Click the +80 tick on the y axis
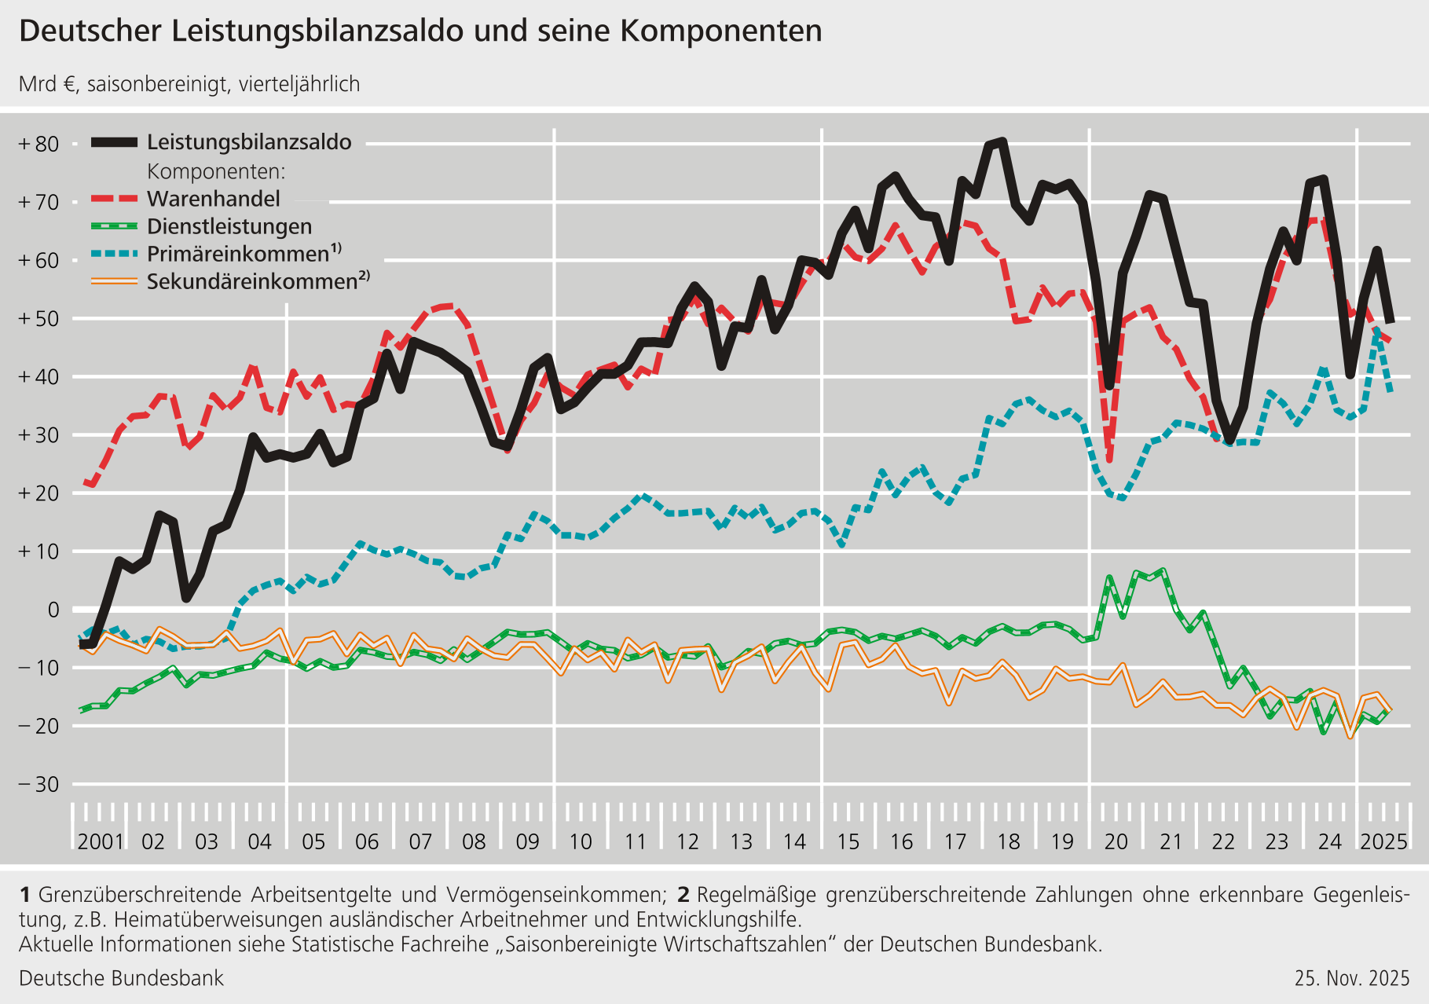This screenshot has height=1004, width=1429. point(39,145)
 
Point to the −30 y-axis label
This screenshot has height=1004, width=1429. point(39,784)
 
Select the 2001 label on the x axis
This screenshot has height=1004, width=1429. point(101,841)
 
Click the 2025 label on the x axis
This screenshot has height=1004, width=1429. point(1383,841)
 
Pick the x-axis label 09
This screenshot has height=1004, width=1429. point(527,841)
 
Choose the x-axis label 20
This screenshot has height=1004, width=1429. point(1116,841)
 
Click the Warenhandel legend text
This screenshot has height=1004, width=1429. point(213,199)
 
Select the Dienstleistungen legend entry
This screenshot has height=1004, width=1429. point(229,226)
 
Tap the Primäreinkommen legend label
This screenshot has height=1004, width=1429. point(238,254)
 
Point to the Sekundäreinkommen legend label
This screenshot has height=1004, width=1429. point(252,281)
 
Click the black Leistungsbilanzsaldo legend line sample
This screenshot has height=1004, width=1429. point(115,142)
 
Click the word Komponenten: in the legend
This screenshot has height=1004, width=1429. point(216,171)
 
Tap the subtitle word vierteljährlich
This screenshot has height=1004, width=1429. point(299,84)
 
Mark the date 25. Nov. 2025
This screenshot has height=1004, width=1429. point(1352,978)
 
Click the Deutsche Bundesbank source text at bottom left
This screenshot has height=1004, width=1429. point(121,978)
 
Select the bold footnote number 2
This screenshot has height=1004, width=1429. point(683,895)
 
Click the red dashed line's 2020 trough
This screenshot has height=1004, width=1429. point(1108,460)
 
